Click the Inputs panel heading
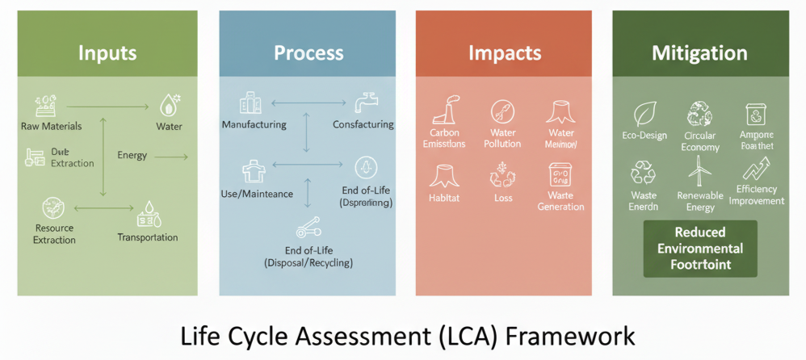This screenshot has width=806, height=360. (107, 54)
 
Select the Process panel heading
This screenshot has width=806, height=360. (309, 54)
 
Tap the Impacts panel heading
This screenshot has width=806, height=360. (505, 54)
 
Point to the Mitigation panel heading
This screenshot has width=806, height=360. (699, 54)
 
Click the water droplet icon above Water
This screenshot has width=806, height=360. (169, 104)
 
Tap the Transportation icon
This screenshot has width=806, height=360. (149, 216)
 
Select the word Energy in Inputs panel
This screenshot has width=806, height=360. (132, 155)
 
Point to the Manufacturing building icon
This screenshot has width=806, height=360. (250, 103)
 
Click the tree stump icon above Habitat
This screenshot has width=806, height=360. (443, 174)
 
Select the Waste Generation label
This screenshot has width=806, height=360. (560, 201)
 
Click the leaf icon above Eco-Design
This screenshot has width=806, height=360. (644, 113)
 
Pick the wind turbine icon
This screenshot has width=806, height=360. (699, 171)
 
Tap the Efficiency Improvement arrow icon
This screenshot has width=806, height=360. (756, 170)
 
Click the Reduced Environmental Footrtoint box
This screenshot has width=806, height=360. (699, 249)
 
